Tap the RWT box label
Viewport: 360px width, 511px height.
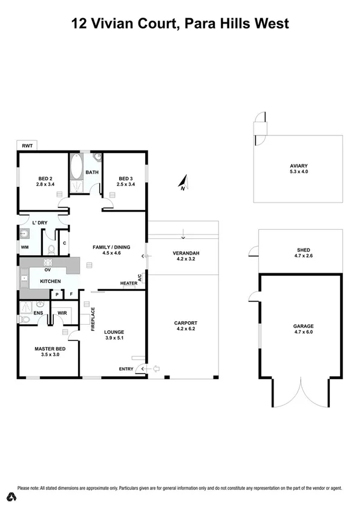tap(27, 146)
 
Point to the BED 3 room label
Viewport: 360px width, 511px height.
tap(125, 179)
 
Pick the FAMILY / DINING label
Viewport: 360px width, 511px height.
tap(111, 247)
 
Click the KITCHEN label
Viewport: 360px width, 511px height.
tap(50, 282)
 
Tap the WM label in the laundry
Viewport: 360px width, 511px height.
tap(25, 247)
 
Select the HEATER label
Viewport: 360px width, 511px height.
tap(128, 284)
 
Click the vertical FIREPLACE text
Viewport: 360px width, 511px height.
tap(93, 319)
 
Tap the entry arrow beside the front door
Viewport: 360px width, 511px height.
tap(155, 368)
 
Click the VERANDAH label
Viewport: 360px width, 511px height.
tap(186, 253)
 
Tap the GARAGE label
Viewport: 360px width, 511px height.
tap(303, 327)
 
